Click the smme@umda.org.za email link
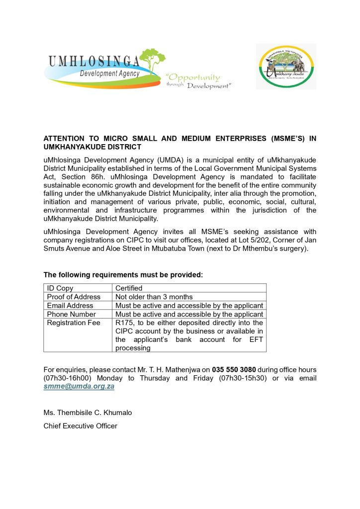click(79, 386)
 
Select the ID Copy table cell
click(60, 288)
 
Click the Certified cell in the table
click(129, 288)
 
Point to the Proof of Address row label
click(74, 297)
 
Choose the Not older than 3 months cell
click(154, 297)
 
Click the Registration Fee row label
click(74, 323)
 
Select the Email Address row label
click(70, 306)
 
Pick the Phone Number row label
click(72, 314)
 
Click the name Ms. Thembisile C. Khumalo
click(88, 413)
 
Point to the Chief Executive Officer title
click(81, 426)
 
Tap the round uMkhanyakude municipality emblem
click(286, 66)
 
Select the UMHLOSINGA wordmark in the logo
click(94, 62)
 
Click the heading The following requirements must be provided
click(123, 275)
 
